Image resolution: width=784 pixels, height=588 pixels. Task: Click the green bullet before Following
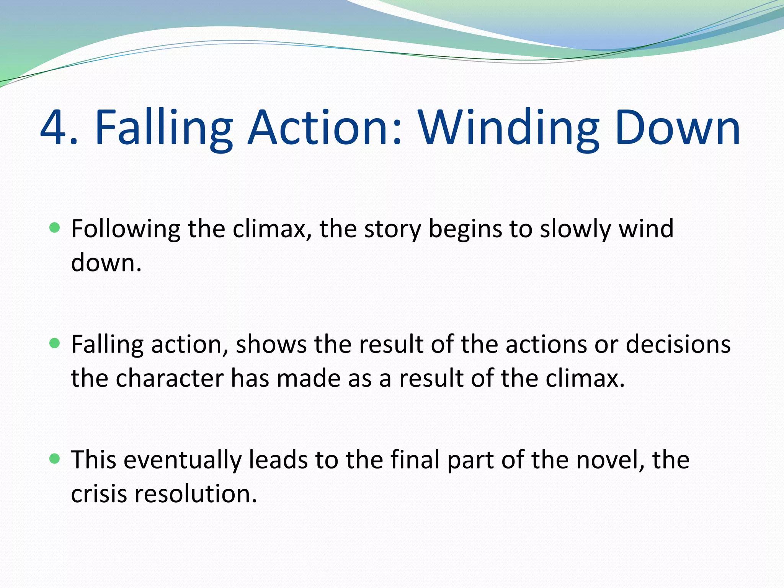[55, 228]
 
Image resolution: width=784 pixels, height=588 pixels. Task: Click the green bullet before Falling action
[55, 343]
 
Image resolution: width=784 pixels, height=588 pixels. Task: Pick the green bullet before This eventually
[55, 459]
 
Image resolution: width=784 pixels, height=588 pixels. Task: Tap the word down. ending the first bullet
[106, 263]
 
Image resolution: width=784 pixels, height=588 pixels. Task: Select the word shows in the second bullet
[271, 344]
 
